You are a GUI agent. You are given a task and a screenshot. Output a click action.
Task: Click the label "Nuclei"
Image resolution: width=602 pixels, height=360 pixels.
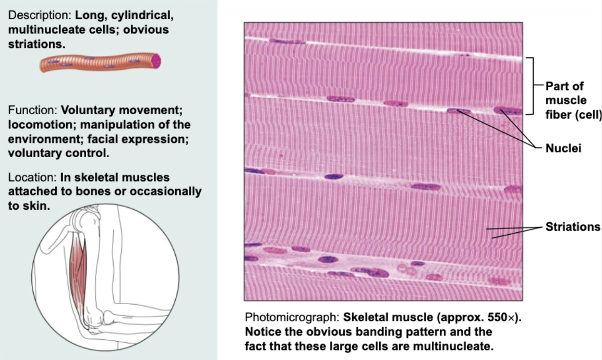tap(563, 149)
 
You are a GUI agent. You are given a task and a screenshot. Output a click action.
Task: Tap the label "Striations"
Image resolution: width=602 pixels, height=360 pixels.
tap(573, 227)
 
